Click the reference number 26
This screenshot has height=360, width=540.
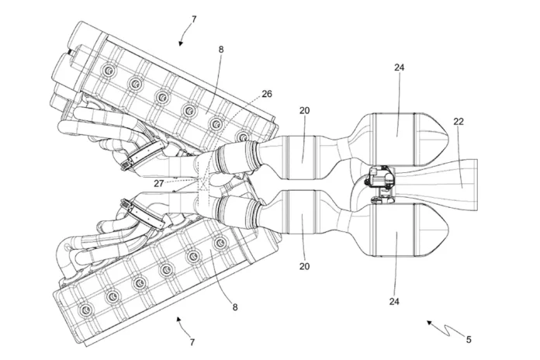click(266, 95)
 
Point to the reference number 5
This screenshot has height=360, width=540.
click(469, 339)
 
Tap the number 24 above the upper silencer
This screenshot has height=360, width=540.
click(399, 67)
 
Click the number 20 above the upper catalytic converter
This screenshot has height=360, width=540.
click(304, 111)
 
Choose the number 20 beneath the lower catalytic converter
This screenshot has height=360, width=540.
click(304, 266)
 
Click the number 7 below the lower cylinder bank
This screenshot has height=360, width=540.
click(192, 341)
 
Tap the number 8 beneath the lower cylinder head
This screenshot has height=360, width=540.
click(234, 306)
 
